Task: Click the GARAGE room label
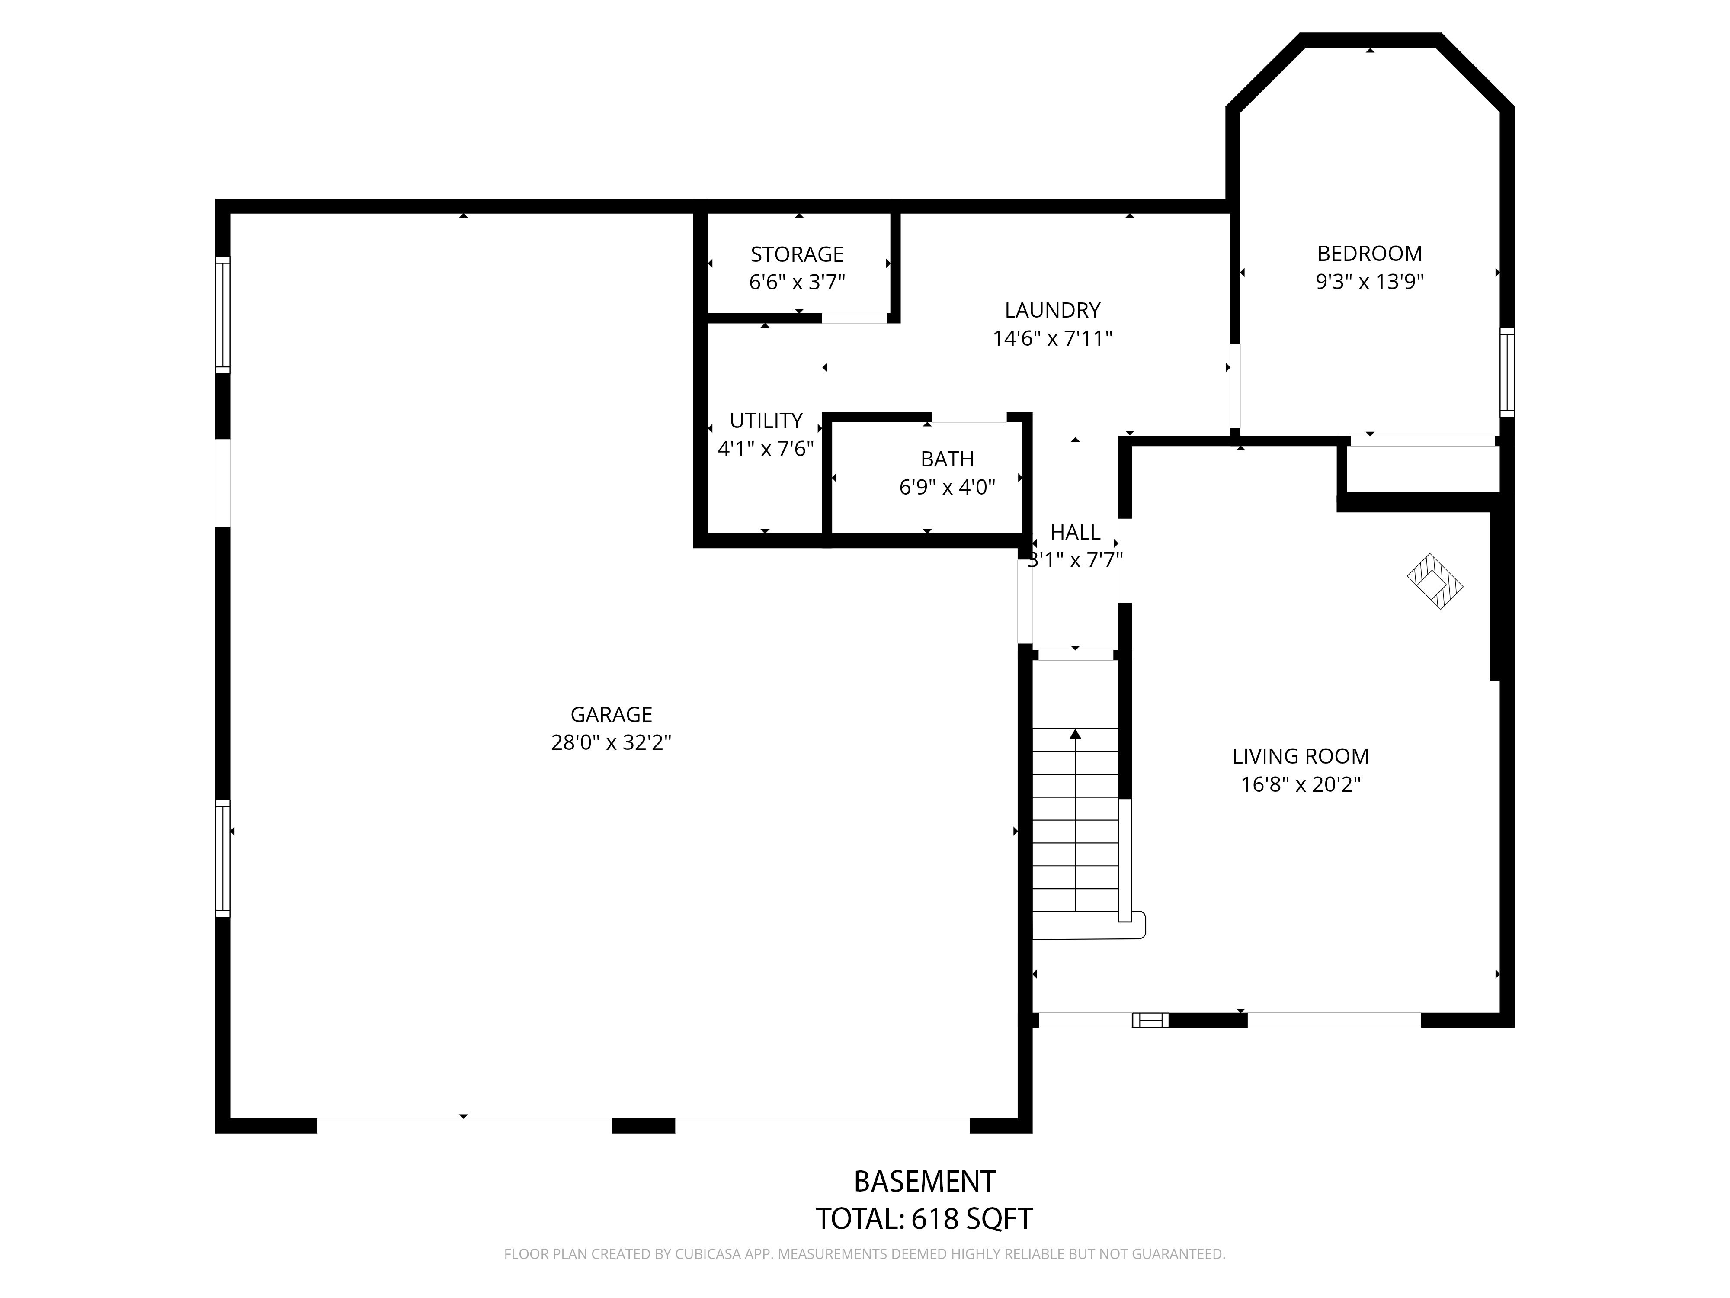pyautogui.click(x=611, y=714)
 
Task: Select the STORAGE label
pyautogui.click(x=797, y=254)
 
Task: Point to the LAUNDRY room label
pyautogui.click(x=1052, y=311)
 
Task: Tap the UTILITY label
pyautogui.click(x=766, y=421)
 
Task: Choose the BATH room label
pyautogui.click(x=947, y=459)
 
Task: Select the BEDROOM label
pyautogui.click(x=1369, y=254)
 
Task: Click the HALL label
pyautogui.click(x=1075, y=532)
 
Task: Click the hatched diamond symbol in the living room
pyautogui.click(x=1435, y=582)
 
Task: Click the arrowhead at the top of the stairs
pyautogui.click(x=1075, y=734)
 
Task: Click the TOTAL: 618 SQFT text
pyautogui.click(x=924, y=1218)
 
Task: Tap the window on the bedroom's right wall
pyautogui.click(x=1506, y=373)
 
